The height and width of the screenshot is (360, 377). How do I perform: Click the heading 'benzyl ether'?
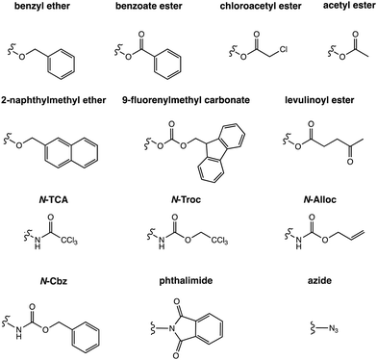(x=49, y=9)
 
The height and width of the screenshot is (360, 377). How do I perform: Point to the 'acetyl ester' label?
(x=341, y=9)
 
